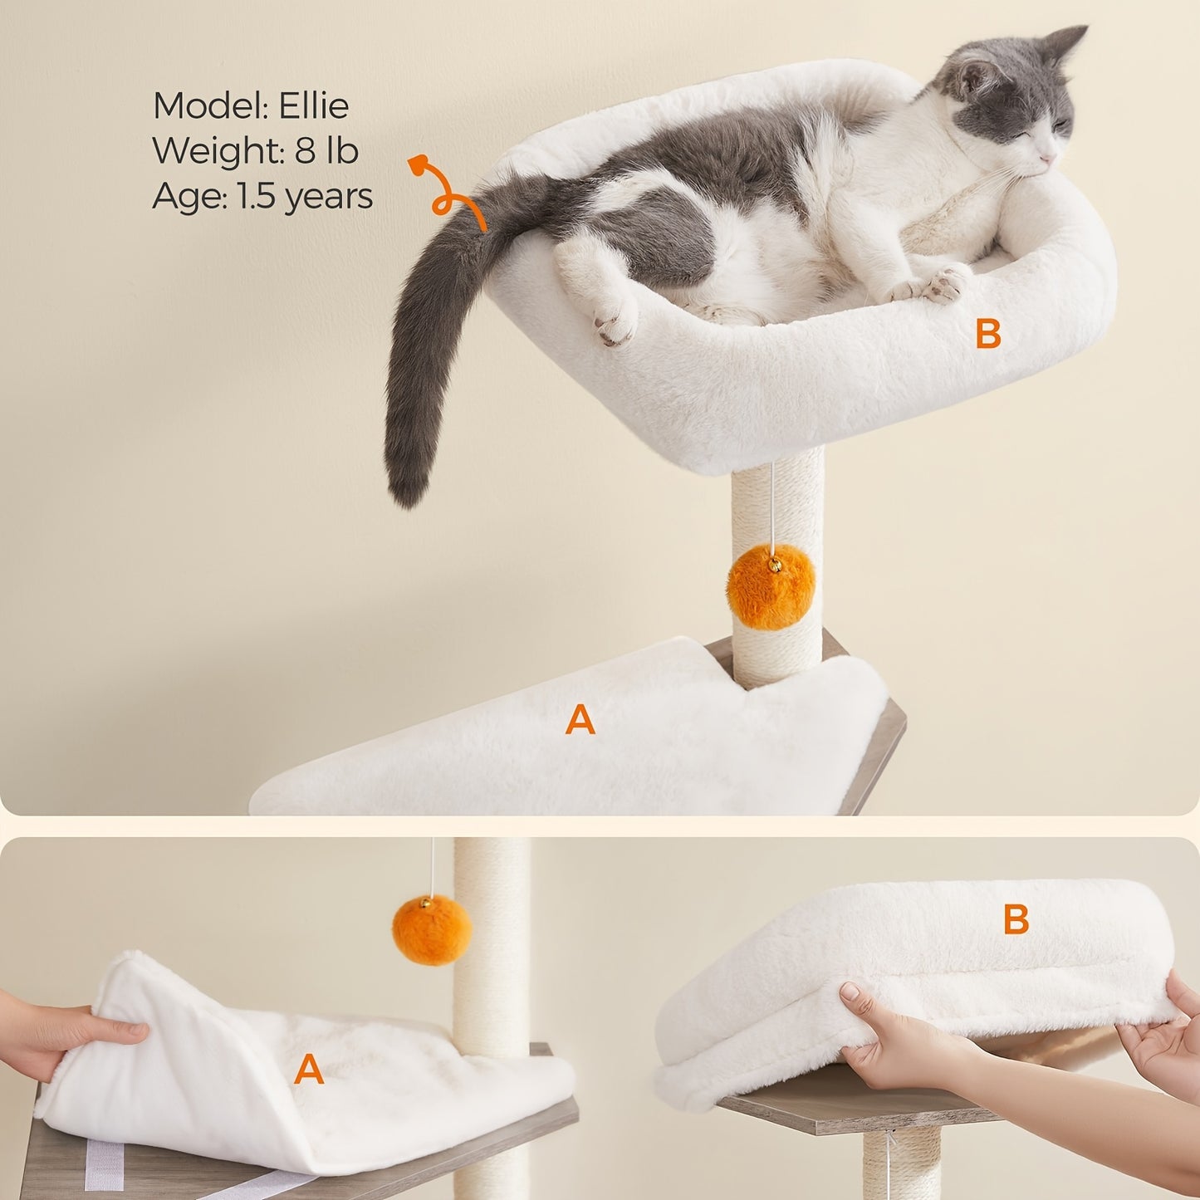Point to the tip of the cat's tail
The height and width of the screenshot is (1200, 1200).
click(404, 493)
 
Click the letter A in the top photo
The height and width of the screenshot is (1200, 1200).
click(580, 719)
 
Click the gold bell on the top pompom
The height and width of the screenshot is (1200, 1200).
click(774, 565)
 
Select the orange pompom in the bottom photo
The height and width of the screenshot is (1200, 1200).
click(432, 929)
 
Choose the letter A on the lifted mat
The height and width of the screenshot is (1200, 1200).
click(308, 1070)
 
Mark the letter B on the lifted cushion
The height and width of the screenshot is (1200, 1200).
click(1016, 919)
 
